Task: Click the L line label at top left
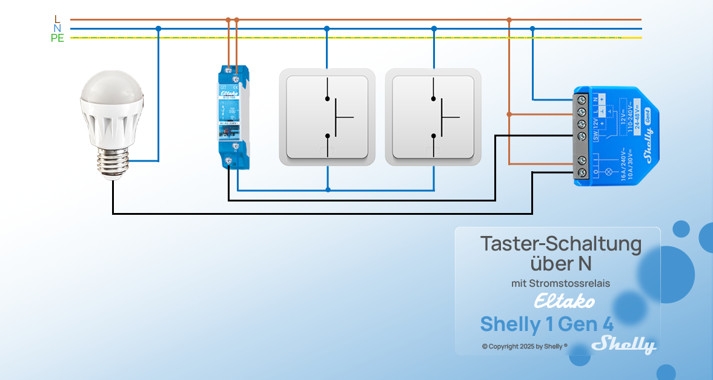click(57, 19)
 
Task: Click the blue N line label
click(57, 28)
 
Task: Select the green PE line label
click(58, 38)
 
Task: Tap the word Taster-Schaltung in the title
click(560, 244)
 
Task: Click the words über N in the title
click(560, 264)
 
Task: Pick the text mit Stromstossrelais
click(560, 283)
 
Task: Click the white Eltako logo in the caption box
click(564, 301)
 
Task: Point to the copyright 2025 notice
click(525, 347)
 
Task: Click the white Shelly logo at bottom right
click(624, 345)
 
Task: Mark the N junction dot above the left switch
click(327, 28)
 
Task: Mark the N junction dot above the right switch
click(434, 28)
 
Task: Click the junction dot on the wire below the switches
click(328, 190)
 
